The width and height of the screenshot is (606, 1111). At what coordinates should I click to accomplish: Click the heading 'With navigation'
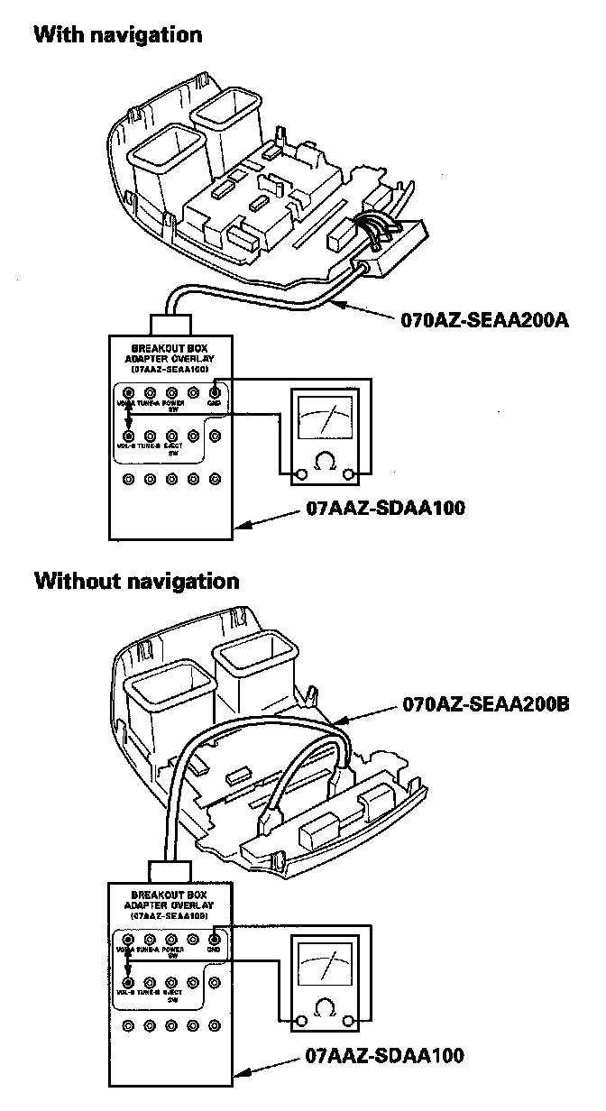point(117,35)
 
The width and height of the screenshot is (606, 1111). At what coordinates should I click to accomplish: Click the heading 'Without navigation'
point(137,580)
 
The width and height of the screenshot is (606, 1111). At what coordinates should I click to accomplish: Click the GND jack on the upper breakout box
point(215,392)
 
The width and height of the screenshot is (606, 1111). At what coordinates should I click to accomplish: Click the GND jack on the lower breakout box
point(215,938)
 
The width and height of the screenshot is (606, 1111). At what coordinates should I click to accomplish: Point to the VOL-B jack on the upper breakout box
point(129,435)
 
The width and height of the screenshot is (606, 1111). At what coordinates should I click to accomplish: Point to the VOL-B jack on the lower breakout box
point(128,981)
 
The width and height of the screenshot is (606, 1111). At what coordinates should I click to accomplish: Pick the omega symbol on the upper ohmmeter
point(321,464)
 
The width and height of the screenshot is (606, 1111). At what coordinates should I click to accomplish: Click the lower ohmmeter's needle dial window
point(322,968)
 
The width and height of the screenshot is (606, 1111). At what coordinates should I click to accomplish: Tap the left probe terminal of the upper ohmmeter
point(287,473)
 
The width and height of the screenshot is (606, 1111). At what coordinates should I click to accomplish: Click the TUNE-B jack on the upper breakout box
point(151,435)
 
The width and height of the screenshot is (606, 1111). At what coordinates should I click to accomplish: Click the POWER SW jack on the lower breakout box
point(171,938)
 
